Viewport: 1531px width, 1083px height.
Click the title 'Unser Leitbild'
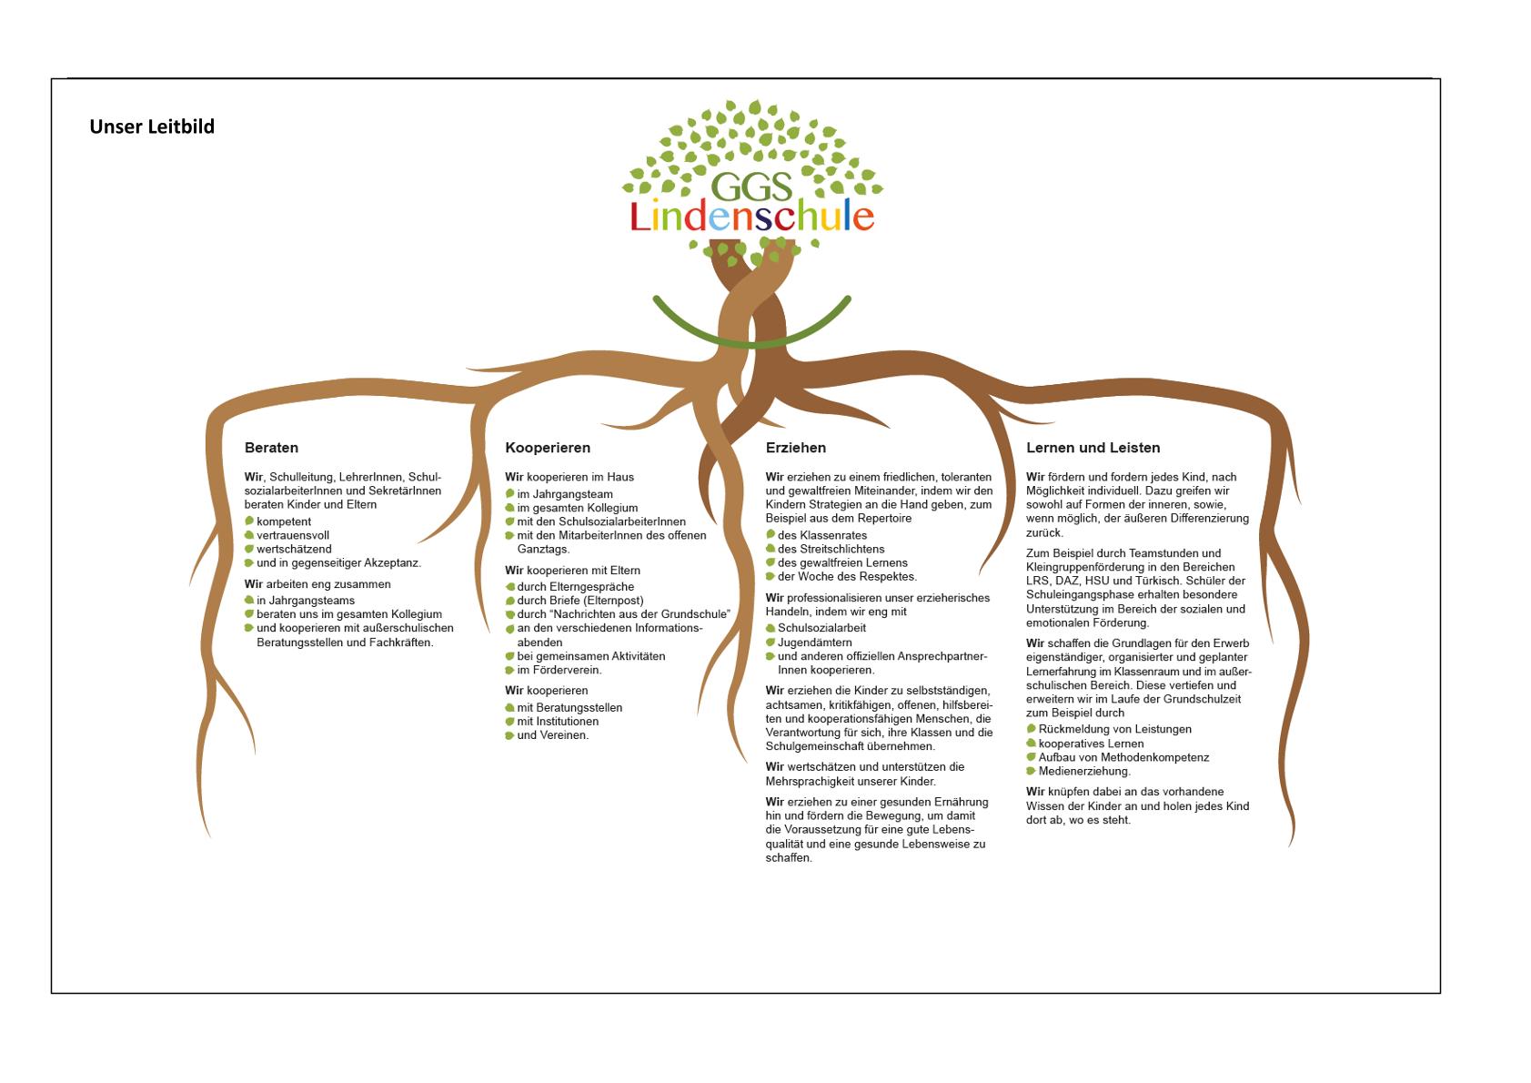coord(152,127)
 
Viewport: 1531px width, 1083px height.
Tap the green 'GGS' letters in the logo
coord(751,186)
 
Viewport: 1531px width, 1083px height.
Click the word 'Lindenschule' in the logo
coord(751,216)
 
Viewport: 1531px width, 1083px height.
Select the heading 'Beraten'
coord(271,448)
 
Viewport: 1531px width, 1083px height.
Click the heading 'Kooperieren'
coord(548,448)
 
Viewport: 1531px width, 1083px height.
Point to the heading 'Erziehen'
coord(796,448)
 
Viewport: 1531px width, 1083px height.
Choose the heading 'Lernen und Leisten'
coord(1093,448)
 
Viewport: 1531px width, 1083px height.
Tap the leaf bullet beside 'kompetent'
coord(249,521)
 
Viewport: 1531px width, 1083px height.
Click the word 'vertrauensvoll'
coord(293,535)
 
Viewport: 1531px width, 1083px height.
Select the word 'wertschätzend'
coord(294,549)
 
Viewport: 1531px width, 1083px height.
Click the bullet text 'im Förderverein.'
coord(559,670)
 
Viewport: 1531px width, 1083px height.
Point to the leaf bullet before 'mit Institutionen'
coord(509,722)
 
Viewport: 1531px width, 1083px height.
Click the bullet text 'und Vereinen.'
coord(552,735)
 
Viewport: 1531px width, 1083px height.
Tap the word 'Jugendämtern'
coord(815,643)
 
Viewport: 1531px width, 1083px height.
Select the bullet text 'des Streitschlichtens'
coord(831,549)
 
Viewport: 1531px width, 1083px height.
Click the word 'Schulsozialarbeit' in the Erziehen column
coord(821,628)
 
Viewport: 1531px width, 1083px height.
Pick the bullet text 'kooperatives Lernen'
coord(1091,744)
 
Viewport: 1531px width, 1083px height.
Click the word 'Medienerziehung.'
coord(1084,771)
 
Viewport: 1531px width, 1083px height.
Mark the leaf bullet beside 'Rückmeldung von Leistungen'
coord(1032,729)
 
